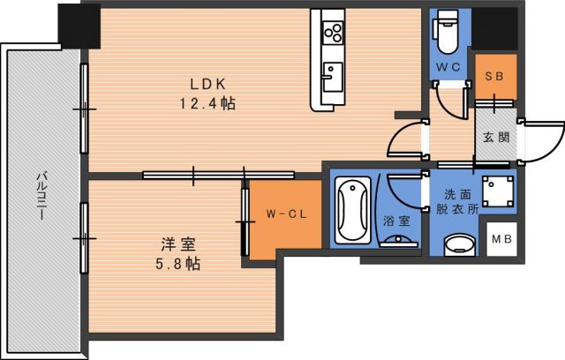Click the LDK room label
click(x=209, y=85)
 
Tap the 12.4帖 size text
click(x=209, y=103)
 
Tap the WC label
click(x=444, y=67)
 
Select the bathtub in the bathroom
click(x=353, y=211)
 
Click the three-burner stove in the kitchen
click(x=334, y=34)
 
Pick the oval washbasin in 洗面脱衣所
click(x=457, y=243)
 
